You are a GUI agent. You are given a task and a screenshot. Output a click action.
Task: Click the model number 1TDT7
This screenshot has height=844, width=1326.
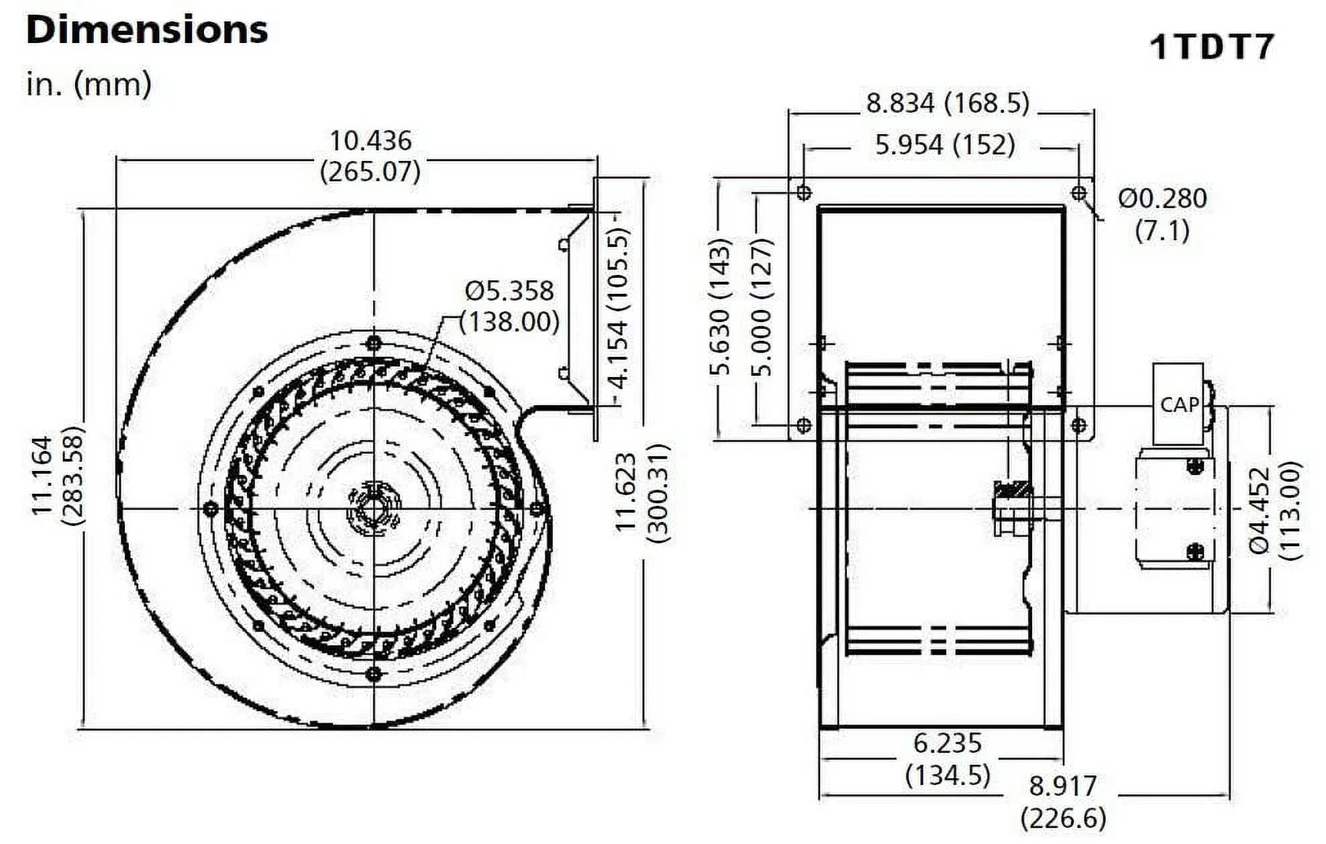[x=1211, y=47]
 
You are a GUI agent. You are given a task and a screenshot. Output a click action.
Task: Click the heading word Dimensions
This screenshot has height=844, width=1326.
[x=147, y=30]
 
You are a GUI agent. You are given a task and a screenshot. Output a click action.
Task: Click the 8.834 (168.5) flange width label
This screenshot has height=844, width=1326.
[x=947, y=103]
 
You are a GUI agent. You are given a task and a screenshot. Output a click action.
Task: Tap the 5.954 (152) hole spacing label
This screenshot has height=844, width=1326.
[x=945, y=144]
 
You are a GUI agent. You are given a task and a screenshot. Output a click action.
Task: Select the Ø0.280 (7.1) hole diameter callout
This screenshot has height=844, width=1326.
[x=1162, y=214]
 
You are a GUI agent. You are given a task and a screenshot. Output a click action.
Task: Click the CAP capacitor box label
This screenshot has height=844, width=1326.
[x=1179, y=405]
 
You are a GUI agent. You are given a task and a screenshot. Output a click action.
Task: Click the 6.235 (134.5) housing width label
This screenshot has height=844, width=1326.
[x=948, y=759]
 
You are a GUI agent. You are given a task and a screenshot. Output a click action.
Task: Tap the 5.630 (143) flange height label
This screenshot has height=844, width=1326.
[x=719, y=315]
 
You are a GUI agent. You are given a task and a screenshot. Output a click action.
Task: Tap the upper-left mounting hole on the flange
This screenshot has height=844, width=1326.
[x=803, y=193]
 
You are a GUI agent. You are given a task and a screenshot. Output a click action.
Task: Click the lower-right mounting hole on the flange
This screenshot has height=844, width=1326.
[x=1078, y=425]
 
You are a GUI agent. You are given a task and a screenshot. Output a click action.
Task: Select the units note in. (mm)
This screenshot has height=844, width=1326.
[x=89, y=85]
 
